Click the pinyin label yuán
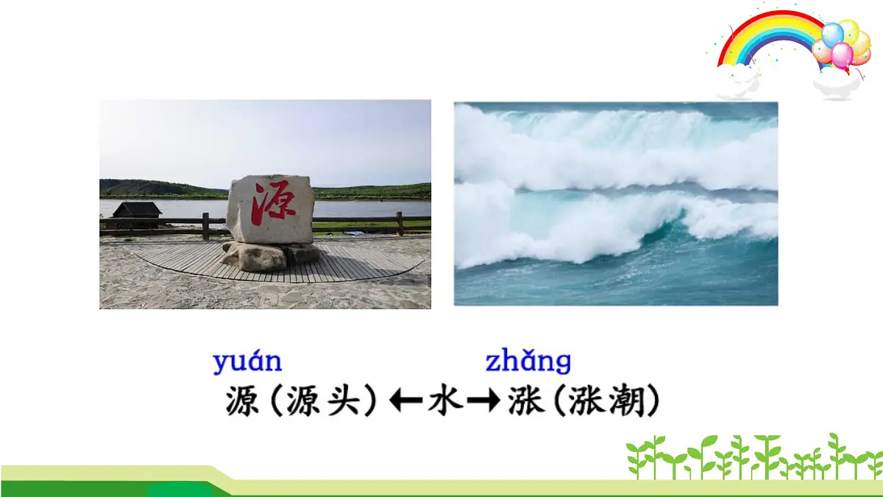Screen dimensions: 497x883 (247, 362)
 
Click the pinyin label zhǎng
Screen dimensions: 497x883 (528, 362)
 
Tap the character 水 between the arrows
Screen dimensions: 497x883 (446, 402)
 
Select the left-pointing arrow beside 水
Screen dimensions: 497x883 (405, 402)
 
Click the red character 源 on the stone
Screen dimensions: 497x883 (269, 204)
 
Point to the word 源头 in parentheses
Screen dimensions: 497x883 (324, 403)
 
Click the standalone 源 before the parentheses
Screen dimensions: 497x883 (242, 403)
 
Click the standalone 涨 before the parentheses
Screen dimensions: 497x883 (525, 403)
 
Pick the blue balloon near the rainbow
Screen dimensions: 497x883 (832, 34)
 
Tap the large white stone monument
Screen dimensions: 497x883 (270, 209)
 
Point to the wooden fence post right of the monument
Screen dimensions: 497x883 (400, 223)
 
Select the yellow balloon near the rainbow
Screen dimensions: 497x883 (850, 30)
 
